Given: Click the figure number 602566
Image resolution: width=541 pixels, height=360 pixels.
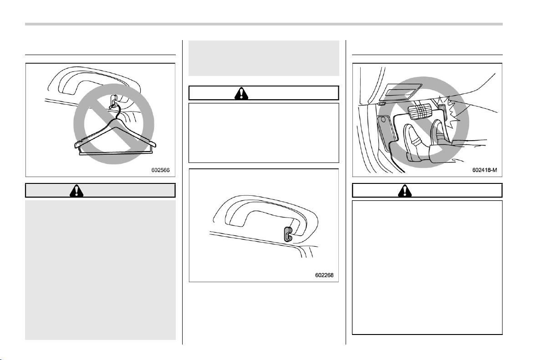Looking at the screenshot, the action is click(x=160, y=170).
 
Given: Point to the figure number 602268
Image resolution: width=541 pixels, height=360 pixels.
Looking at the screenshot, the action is click(x=324, y=275).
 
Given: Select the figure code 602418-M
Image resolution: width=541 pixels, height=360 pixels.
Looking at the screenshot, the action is click(x=485, y=170).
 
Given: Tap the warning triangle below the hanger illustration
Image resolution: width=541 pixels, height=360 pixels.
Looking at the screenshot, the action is click(x=76, y=190).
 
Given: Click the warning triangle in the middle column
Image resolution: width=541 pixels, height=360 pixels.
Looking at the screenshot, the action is click(x=241, y=93).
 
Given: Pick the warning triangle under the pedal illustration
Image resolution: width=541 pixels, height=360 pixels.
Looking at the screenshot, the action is click(x=405, y=190).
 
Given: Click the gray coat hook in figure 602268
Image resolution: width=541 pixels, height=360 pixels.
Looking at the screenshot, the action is click(x=288, y=234).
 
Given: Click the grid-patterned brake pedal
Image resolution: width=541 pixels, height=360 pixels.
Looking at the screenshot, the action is click(x=419, y=111).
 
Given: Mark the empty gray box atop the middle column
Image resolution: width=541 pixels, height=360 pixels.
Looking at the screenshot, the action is click(x=264, y=58).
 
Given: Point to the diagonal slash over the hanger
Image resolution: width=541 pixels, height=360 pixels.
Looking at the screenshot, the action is click(x=114, y=124).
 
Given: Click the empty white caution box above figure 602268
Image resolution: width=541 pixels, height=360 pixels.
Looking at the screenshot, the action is click(x=264, y=133).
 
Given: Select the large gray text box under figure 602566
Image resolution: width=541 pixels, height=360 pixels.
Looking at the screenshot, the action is click(x=100, y=270).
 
